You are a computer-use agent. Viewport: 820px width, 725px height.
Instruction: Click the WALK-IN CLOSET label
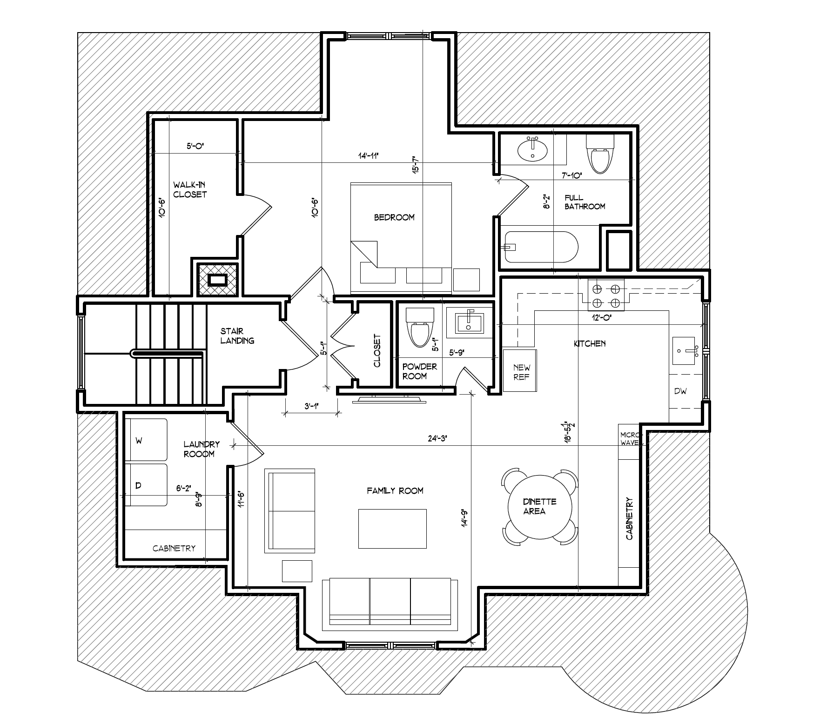tap(190, 190)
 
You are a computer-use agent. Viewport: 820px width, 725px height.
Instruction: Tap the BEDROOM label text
tap(394, 217)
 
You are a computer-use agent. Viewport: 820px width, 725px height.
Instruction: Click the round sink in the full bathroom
tap(533, 149)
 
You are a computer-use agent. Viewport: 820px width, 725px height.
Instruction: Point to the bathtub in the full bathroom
tap(541, 247)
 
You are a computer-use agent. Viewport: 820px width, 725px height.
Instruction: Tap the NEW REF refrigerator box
tap(521, 371)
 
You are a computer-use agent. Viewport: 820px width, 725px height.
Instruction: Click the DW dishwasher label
tap(680, 391)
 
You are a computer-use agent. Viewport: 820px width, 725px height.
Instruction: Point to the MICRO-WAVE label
tap(629, 439)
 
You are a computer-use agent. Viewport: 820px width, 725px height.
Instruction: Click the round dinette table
tap(540, 506)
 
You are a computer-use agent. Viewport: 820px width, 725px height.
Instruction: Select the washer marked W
tap(146, 440)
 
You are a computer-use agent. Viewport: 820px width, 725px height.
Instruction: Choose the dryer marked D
tap(146, 485)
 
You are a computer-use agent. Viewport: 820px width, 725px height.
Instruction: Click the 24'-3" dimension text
tap(437, 438)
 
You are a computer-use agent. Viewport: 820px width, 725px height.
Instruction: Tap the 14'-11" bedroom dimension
tap(368, 156)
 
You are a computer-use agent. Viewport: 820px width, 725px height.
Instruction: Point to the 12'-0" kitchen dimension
tap(601, 318)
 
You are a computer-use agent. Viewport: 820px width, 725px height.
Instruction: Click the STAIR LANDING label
tap(237, 336)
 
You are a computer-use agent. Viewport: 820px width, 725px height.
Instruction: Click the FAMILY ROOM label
tap(395, 490)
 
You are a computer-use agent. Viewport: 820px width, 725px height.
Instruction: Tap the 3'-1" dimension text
tap(311, 406)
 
